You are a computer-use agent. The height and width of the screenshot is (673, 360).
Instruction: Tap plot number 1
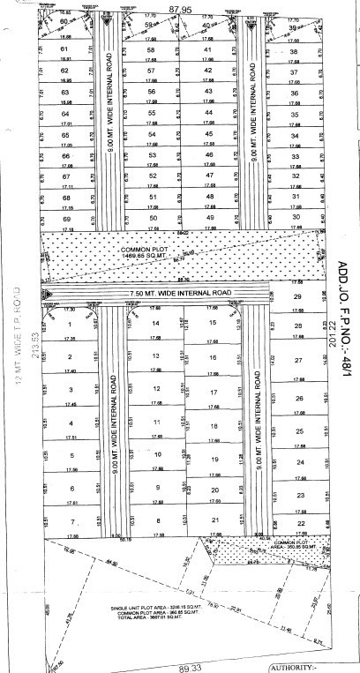click(x=68, y=325)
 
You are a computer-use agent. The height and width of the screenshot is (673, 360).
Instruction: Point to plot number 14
click(x=155, y=324)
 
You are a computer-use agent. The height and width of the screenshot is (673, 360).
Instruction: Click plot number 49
click(x=209, y=217)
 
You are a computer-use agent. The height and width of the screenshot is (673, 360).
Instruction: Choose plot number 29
click(x=298, y=296)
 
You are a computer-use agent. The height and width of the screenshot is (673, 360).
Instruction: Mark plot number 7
click(x=69, y=522)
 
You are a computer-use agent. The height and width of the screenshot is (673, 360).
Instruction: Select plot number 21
click(x=214, y=521)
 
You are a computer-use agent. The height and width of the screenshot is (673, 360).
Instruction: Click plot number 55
click(x=151, y=113)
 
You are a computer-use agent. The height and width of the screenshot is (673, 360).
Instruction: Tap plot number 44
click(x=209, y=113)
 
